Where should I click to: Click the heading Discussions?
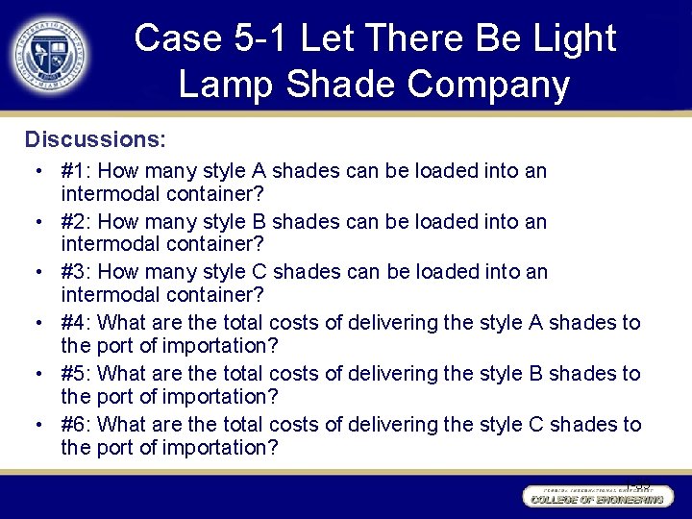pyautogui.click(x=95, y=139)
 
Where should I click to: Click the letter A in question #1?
pyautogui.click(x=259, y=171)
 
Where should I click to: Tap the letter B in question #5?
pyautogui.click(x=537, y=374)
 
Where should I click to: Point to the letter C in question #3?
pyautogui.click(x=259, y=272)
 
